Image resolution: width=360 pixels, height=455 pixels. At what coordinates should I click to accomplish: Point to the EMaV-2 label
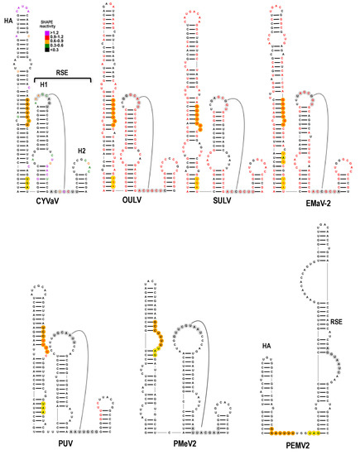coord(303,202)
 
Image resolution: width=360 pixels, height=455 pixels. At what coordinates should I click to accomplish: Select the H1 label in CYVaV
coord(44,84)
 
